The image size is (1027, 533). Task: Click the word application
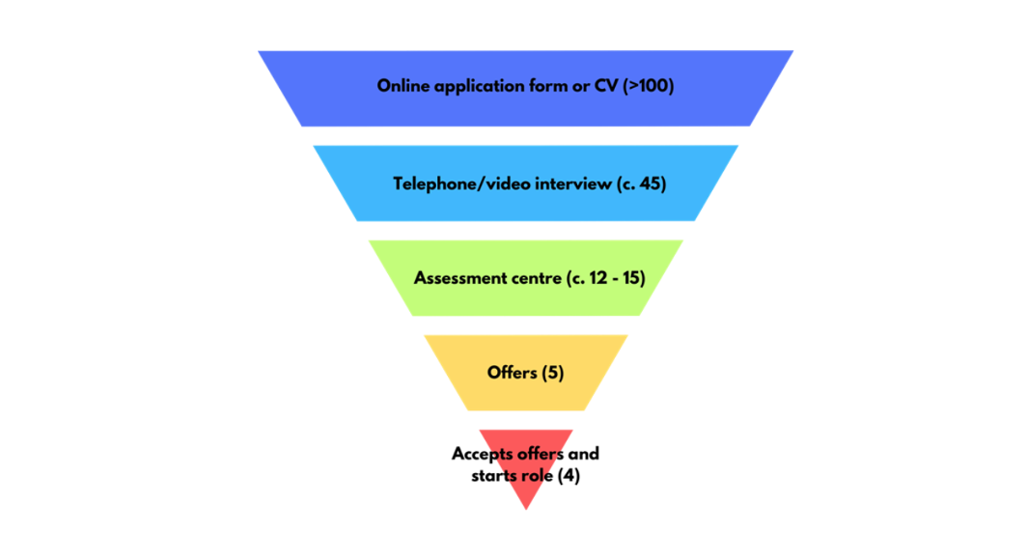tap(472, 87)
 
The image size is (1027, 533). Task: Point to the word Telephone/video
tap(454, 183)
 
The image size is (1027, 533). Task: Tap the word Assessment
tap(460, 278)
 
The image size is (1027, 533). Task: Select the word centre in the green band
tap(537, 278)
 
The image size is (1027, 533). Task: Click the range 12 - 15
tap(614, 278)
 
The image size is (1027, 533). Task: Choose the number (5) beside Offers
tap(552, 372)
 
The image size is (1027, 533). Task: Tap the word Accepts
tap(483, 454)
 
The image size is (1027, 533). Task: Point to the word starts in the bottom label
tap(494, 476)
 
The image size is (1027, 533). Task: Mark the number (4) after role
tap(569, 476)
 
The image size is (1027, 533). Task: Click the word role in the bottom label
tap(538, 476)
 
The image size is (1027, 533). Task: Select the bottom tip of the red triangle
tap(526, 507)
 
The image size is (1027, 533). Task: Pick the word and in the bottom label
tap(585, 454)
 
